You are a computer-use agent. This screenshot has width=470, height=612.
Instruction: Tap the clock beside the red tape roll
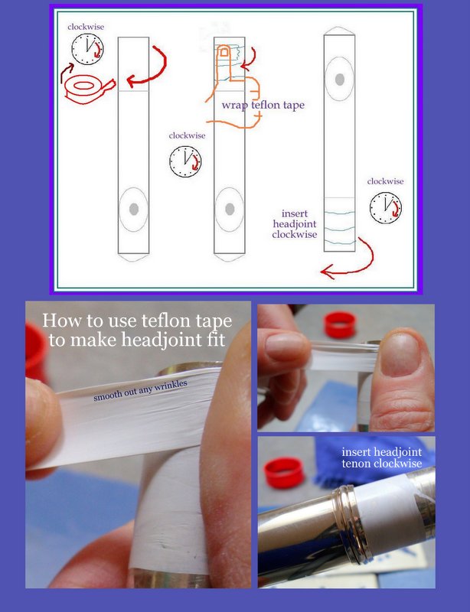click(x=87, y=49)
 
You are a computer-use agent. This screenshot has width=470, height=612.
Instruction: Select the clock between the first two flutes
click(x=185, y=161)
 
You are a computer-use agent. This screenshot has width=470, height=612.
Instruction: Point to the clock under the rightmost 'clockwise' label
click(x=386, y=207)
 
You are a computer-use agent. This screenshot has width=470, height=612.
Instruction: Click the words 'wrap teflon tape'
click(x=263, y=105)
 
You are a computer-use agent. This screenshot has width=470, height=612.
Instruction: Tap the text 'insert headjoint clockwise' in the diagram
click(x=295, y=224)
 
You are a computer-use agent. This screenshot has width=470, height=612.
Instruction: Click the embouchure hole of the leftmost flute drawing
click(x=134, y=209)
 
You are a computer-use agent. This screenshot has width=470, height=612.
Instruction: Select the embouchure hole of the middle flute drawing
click(x=230, y=209)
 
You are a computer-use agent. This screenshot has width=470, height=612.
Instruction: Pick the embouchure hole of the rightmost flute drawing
click(x=340, y=80)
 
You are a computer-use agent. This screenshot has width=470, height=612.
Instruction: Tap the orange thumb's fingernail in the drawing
click(x=224, y=51)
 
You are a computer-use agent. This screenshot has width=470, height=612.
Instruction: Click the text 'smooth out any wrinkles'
click(x=140, y=390)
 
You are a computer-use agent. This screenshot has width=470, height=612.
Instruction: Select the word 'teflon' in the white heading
click(x=163, y=321)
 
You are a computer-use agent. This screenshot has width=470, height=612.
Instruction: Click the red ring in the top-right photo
click(x=340, y=324)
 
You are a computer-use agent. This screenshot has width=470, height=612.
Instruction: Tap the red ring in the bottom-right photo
click(x=284, y=472)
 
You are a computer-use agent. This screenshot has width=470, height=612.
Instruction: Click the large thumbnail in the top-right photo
click(x=400, y=354)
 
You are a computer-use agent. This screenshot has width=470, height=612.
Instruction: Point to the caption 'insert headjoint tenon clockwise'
click(x=382, y=457)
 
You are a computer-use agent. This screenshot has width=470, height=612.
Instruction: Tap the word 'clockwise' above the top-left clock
click(x=86, y=27)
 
